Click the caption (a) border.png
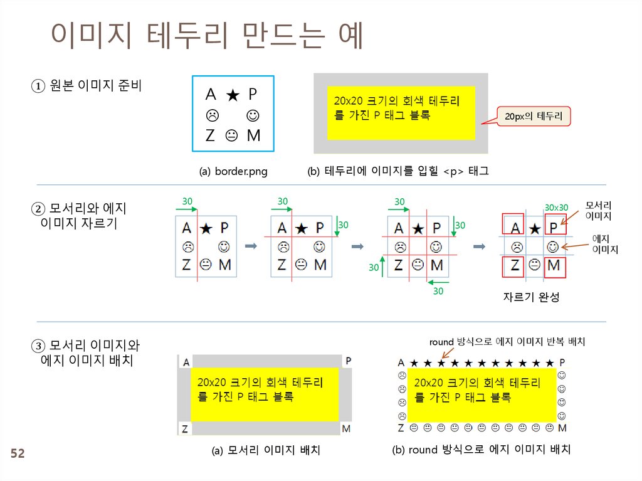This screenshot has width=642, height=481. pyautogui.click(x=233, y=171)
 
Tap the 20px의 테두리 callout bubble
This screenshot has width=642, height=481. pyautogui.click(x=534, y=116)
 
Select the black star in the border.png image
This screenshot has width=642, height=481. pyautogui.click(x=232, y=95)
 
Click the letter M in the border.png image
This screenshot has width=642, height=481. pyautogui.click(x=253, y=135)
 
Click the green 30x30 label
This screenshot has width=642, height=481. pyautogui.click(x=556, y=208)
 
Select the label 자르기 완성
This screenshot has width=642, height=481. pyautogui.click(x=530, y=298)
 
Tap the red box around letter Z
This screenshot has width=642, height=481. pyautogui.click(x=513, y=266)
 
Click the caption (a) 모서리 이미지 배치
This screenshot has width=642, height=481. pyautogui.click(x=266, y=450)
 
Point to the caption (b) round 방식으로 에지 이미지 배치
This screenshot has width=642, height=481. pyautogui.click(x=481, y=450)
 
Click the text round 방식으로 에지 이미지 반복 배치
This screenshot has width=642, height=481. pyautogui.click(x=507, y=342)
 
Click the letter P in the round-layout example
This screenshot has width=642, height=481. pyautogui.click(x=562, y=362)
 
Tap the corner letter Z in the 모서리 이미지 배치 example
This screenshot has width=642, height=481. pyautogui.click(x=185, y=429)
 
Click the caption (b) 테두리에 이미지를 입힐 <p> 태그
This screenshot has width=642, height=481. pyautogui.click(x=398, y=171)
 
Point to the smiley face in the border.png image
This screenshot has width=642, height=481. pyautogui.click(x=253, y=116)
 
